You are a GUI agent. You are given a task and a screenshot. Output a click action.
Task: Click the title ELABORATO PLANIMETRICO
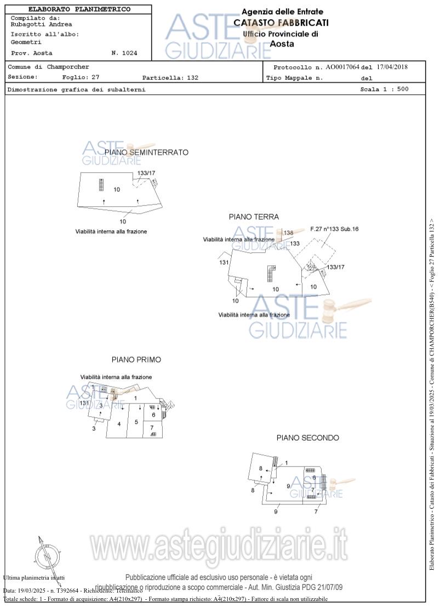coord(79,9)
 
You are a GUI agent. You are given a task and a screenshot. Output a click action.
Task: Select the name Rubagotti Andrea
coord(41,24)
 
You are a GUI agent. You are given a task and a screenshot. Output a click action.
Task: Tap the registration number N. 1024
coord(124,53)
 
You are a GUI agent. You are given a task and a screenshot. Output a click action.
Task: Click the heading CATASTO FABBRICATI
coord(281,22)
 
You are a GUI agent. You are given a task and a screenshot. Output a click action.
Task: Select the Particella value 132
coord(192,78)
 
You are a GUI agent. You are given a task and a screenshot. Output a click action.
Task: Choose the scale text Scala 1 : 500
coord(384,89)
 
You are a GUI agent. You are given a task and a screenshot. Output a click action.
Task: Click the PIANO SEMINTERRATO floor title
coord(146,152)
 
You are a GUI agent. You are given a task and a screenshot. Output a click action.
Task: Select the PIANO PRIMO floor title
coord(136,360)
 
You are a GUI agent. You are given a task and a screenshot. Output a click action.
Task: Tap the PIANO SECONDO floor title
coord(307,438)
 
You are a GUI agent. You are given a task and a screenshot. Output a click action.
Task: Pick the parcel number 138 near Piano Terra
coord(288,232)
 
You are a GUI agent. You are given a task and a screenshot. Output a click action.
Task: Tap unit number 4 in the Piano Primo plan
coord(118,424)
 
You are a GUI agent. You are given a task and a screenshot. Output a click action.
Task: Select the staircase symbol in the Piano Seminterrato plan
coord(101,184)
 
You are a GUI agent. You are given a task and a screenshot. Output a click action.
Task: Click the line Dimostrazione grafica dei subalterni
coord(76,89)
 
